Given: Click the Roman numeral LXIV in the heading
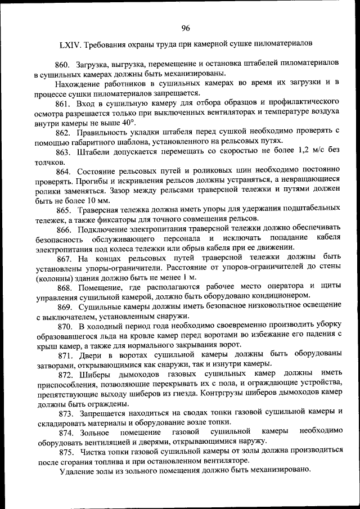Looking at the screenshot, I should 70,44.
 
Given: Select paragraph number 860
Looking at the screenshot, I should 64,64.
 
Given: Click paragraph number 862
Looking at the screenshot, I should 64,132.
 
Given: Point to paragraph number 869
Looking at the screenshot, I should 64,307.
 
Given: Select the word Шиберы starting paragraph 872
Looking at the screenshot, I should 93,375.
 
